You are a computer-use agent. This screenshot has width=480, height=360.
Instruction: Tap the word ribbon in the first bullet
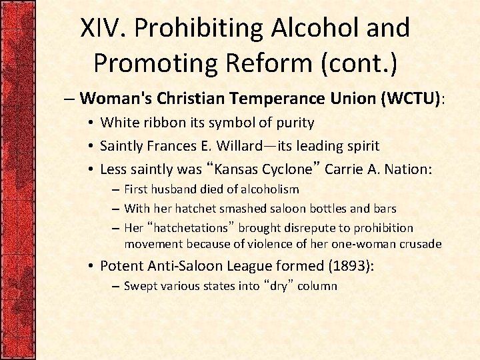click(x=161, y=123)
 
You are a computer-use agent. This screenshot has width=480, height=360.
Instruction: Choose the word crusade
click(x=420, y=244)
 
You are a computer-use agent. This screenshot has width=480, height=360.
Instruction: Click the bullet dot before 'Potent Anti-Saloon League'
click(x=90, y=266)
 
